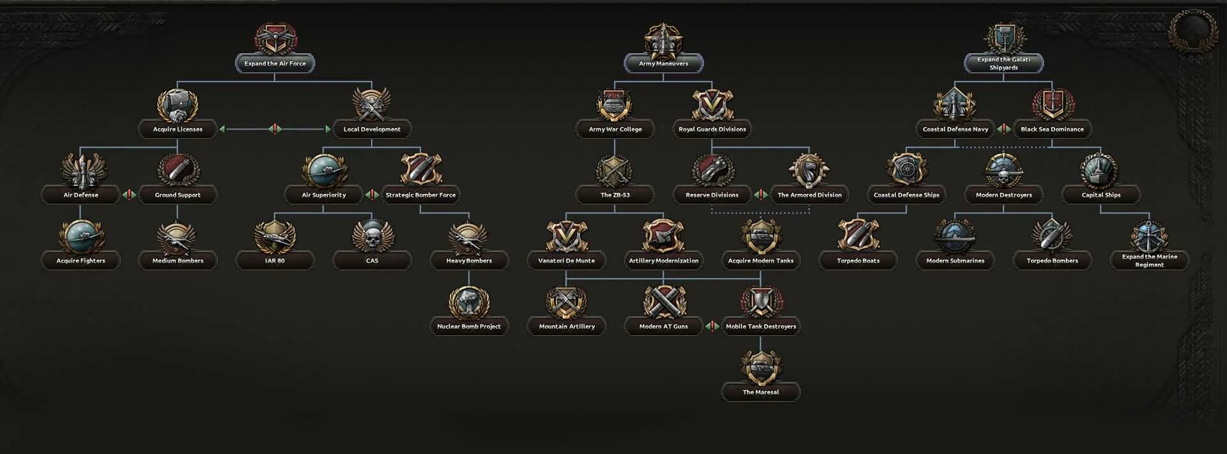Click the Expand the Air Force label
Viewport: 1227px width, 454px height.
[x=275, y=63]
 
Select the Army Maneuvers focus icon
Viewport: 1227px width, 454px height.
[x=663, y=40]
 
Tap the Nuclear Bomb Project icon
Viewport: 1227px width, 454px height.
[x=469, y=302]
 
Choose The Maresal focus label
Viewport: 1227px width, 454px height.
[x=760, y=392]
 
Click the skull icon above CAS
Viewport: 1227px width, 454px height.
[x=372, y=236]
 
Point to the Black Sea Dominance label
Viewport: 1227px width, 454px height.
[x=1052, y=129]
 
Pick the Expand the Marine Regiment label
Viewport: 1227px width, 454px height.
[x=1149, y=261]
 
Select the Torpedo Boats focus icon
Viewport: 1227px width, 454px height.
[x=858, y=236]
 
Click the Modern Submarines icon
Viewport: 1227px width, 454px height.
[x=955, y=236]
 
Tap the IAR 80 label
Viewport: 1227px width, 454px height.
[x=275, y=261]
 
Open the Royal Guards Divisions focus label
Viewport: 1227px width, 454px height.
[x=712, y=129]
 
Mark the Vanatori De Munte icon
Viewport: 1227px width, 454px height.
[x=566, y=236]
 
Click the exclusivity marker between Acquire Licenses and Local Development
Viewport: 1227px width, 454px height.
[x=275, y=129]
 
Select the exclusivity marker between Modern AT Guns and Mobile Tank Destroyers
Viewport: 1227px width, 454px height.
[x=712, y=326]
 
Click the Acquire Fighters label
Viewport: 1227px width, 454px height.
[x=81, y=261]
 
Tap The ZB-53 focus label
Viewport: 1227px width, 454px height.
[x=615, y=195]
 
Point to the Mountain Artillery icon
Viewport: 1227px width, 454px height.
[x=566, y=302]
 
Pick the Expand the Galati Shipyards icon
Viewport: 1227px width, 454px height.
[x=1004, y=38]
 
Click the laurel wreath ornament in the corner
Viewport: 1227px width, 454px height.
[x=1192, y=30]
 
